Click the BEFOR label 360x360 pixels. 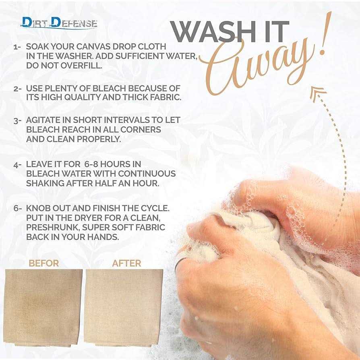tap(44, 263)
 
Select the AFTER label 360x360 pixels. tap(126, 263)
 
